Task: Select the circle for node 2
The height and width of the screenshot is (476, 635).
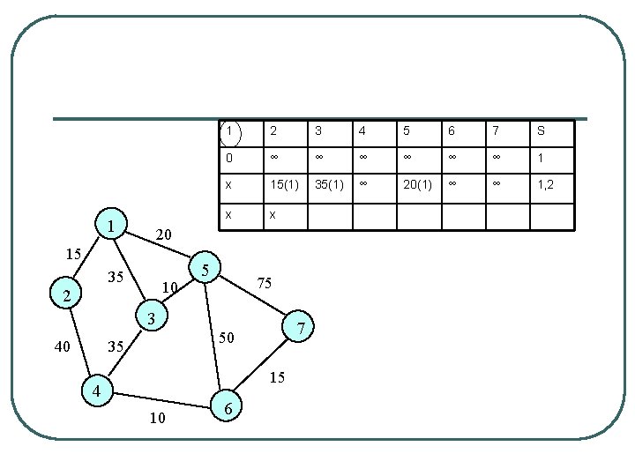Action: pyautogui.click(x=68, y=295)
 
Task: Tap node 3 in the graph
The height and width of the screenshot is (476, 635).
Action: pyautogui.click(x=152, y=317)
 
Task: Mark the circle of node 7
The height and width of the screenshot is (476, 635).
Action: pyautogui.click(x=302, y=328)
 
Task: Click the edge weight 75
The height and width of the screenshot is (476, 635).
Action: pyautogui.click(x=265, y=284)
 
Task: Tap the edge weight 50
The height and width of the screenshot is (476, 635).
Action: pyautogui.click(x=228, y=337)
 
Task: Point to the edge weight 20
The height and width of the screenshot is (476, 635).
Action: pyautogui.click(x=163, y=234)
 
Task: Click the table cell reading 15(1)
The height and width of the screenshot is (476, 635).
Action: pyautogui.click(x=283, y=186)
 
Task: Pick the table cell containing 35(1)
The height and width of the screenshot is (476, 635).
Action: pyautogui.click(x=330, y=186)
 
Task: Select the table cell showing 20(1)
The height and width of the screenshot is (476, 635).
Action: pyautogui.click(x=418, y=186)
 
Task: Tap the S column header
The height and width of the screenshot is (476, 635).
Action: pyautogui.click(x=541, y=132)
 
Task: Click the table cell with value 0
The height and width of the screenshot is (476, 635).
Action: pyautogui.click(x=229, y=159)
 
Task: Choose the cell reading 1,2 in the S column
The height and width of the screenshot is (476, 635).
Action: pyautogui.click(x=546, y=186)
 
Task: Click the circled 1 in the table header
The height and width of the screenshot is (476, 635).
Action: pyautogui.click(x=229, y=132)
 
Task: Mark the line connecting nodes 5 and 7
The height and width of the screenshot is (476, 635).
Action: pyautogui.click(x=256, y=295)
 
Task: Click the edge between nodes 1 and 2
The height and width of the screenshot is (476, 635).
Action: pyautogui.click(x=86, y=263)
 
